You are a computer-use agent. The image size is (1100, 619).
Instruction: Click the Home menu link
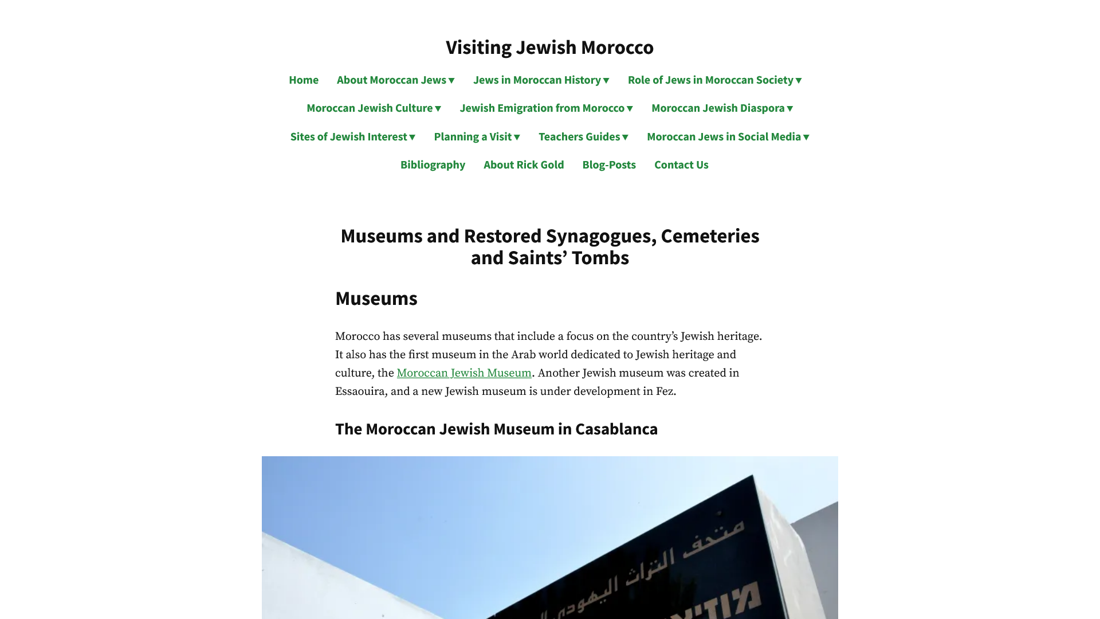(x=303, y=80)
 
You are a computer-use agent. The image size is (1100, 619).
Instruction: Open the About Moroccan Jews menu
(x=395, y=80)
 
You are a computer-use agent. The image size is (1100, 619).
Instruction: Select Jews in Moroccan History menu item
(x=541, y=80)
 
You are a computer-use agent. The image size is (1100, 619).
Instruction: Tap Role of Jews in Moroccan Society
(x=714, y=80)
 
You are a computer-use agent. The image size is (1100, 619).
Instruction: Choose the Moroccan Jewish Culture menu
(x=374, y=108)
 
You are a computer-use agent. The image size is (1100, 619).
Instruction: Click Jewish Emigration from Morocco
(x=546, y=108)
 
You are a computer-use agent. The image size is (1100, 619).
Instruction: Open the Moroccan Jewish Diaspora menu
(x=722, y=108)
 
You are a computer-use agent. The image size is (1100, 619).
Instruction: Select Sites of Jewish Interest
(x=352, y=137)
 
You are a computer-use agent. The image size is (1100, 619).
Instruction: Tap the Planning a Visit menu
(x=477, y=137)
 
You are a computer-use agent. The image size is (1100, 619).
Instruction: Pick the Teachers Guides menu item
(x=583, y=137)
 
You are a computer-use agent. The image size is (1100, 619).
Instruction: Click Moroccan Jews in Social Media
(x=728, y=137)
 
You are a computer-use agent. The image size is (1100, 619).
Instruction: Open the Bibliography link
(x=433, y=165)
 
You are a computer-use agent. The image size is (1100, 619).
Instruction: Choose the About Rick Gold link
(x=524, y=165)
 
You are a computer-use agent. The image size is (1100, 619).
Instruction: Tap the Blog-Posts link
(x=609, y=165)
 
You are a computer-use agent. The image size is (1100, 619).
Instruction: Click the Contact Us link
(x=681, y=165)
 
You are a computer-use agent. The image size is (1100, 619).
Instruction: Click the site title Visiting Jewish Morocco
(x=549, y=48)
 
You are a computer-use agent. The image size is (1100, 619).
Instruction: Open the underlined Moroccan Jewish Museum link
(x=464, y=373)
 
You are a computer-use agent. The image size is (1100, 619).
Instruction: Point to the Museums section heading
(x=376, y=299)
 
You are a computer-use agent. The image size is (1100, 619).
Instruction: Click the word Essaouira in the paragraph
(x=360, y=391)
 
